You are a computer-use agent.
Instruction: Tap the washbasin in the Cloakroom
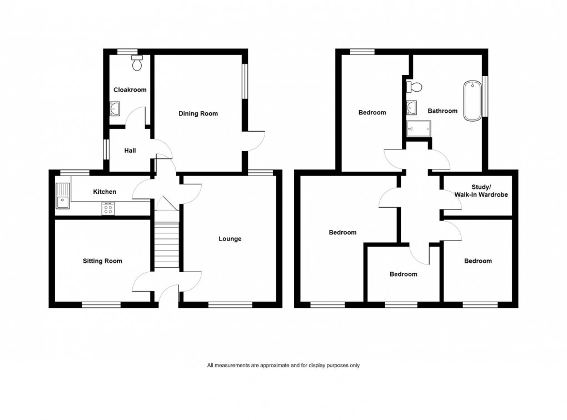116,108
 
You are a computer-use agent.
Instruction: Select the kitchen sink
63,196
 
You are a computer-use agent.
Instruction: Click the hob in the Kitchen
108,208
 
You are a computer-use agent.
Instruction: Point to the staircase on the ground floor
166,244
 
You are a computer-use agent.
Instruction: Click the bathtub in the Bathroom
472,101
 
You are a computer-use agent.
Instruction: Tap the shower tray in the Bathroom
420,129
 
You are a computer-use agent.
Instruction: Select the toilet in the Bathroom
415,86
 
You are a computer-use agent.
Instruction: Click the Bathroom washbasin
412,106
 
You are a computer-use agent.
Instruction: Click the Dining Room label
198,113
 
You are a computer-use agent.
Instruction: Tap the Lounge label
230,239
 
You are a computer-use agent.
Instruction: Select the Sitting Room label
102,261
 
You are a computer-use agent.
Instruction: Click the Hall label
130,150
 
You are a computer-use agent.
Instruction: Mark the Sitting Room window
101,304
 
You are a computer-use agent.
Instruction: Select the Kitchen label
105,192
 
